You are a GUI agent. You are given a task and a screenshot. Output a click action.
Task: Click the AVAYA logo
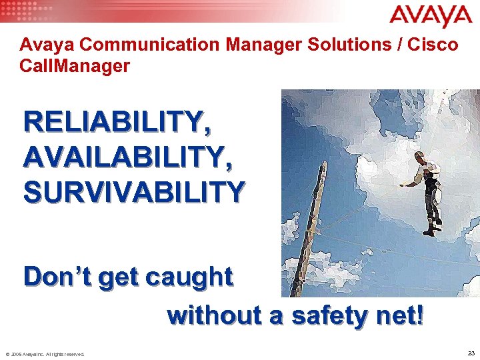(x=431, y=16)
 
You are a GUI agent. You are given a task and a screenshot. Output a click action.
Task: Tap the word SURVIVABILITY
(x=134, y=191)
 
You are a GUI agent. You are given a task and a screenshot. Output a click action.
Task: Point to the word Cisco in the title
(x=434, y=45)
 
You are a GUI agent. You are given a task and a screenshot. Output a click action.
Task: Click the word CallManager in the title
(x=75, y=67)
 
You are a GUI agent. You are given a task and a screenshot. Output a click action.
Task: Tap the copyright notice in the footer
(x=45, y=354)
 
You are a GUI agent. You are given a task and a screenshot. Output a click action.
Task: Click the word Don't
(x=55, y=277)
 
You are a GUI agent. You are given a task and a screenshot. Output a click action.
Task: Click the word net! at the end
(x=398, y=314)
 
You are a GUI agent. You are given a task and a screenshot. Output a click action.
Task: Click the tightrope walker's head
(x=420, y=157)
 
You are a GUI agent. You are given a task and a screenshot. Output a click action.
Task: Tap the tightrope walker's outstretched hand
(x=401, y=184)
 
